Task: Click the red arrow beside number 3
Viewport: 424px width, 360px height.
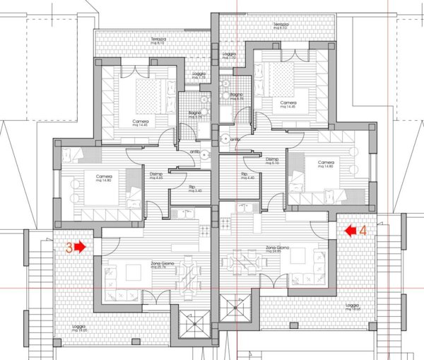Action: point(78,247)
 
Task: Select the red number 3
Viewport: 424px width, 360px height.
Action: point(69,248)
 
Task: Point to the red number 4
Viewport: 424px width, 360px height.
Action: point(363,230)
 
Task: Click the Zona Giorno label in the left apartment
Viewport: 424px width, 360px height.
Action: point(163,263)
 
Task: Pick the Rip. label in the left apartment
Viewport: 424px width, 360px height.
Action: point(192,187)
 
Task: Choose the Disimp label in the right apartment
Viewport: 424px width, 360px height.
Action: point(271,160)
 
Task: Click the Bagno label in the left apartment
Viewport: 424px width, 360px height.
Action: point(195,113)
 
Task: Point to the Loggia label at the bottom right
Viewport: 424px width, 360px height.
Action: point(351,306)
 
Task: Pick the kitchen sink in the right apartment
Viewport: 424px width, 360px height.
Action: point(247,207)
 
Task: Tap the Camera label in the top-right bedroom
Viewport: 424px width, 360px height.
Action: point(288,103)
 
